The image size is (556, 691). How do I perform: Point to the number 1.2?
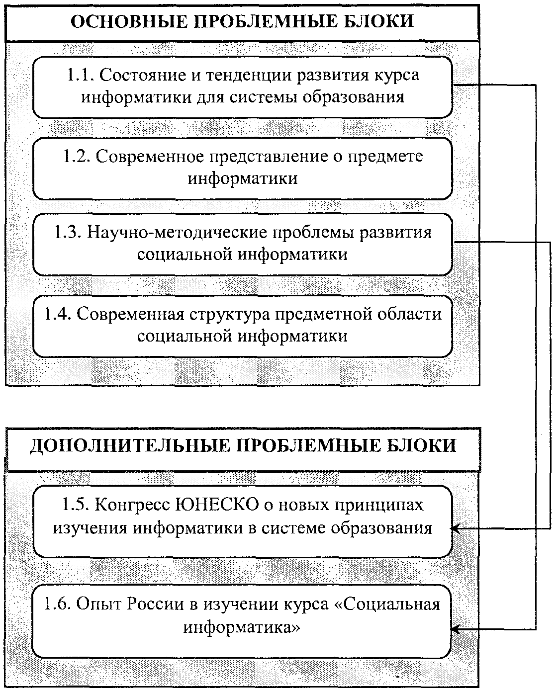[x=75, y=157]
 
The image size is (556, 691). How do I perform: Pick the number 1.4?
[x=57, y=315]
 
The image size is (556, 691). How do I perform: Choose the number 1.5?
[x=75, y=505]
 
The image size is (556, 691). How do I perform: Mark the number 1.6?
[x=57, y=605]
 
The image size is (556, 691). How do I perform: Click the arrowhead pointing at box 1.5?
[x=456, y=529]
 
